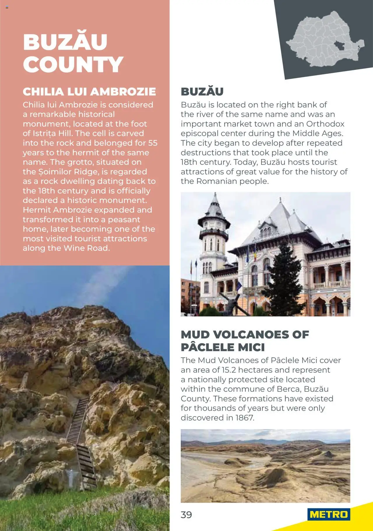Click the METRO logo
[329, 514]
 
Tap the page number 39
[186, 515]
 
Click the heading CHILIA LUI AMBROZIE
[89, 92]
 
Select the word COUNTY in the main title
[73, 64]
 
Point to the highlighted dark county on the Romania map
[339, 46]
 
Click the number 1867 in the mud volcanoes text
[244, 418]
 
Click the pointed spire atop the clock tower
[215, 200]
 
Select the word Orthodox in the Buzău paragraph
[325, 124]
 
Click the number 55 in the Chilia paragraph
[153, 143]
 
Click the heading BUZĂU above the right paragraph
[202, 92]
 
